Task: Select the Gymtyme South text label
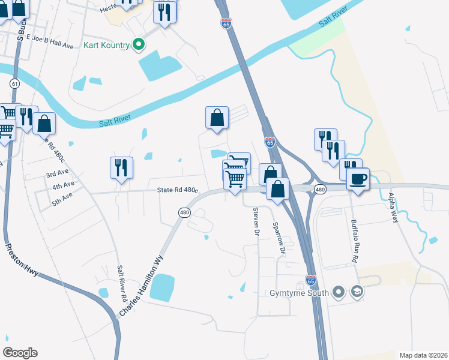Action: click(x=299, y=293)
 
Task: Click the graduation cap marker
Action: click(x=357, y=292)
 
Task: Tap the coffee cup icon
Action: click(x=359, y=179)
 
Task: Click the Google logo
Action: click(x=20, y=353)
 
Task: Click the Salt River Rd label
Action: click(x=122, y=283)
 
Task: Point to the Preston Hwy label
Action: click(x=22, y=259)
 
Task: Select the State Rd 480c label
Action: click(x=177, y=190)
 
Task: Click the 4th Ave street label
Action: click(x=63, y=186)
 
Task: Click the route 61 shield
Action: click(x=15, y=84)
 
